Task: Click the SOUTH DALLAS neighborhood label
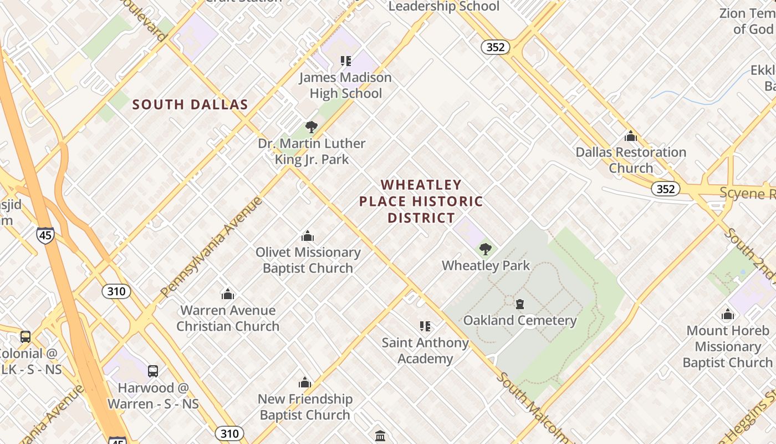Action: click(x=190, y=104)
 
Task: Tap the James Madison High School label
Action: click(x=345, y=85)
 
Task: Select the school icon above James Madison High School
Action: click(x=346, y=61)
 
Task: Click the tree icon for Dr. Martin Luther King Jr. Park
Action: click(x=312, y=127)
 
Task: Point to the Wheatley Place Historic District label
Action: click(x=421, y=201)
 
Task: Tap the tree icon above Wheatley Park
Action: click(x=486, y=249)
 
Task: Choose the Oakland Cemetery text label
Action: click(x=520, y=320)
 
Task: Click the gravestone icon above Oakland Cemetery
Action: click(x=520, y=304)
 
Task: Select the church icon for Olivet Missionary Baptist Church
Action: click(x=308, y=236)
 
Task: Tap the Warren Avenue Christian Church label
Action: click(x=228, y=318)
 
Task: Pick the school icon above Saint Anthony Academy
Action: click(x=425, y=326)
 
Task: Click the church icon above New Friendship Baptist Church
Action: click(x=305, y=382)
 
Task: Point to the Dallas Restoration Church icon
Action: click(x=631, y=136)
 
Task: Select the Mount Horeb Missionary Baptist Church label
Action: click(x=727, y=346)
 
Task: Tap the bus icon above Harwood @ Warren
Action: click(x=153, y=371)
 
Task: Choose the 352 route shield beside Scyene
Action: click(x=665, y=189)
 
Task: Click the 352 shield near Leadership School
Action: click(x=495, y=47)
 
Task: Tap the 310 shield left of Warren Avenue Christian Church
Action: click(x=116, y=291)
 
